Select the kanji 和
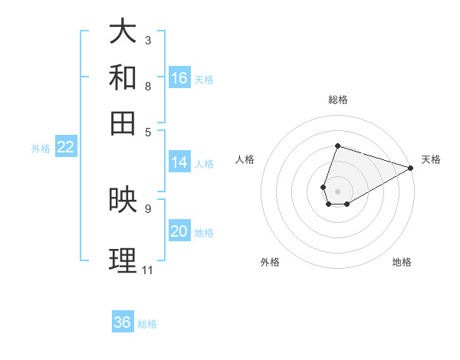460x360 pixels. coord(123,77)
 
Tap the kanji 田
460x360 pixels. coord(123,123)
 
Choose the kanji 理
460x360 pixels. coord(123,260)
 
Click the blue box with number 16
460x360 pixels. coord(179,78)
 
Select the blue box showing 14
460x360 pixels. coord(179,162)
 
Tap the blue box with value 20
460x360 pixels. coord(179,231)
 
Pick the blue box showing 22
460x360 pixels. coord(65,148)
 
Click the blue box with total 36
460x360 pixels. coord(123,322)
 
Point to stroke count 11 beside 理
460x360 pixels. coord(147,270)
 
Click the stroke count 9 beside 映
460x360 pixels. coord(148,208)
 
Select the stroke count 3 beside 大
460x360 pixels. coord(148,39)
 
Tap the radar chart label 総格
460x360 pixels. coord(337,100)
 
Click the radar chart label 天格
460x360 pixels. coord(431,159)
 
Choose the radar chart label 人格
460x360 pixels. coord(245,159)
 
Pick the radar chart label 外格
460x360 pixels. coord(270,262)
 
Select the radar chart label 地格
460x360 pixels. coord(402,262)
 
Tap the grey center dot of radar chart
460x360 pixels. coord(337,190)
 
